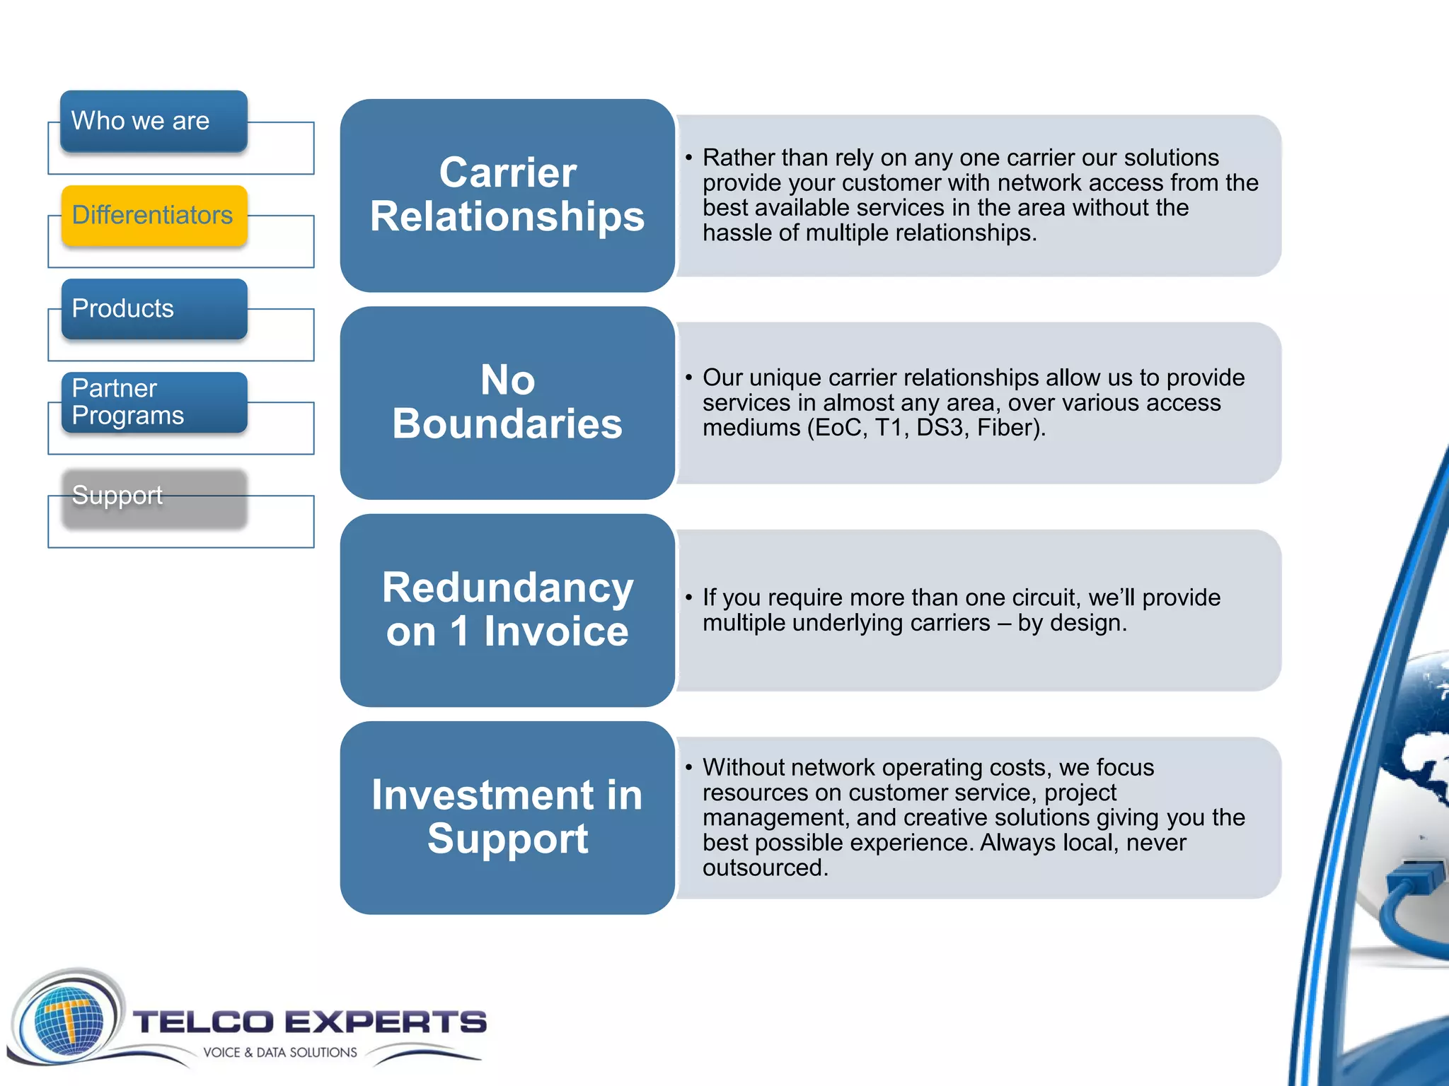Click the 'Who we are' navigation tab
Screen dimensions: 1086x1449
tap(154, 121)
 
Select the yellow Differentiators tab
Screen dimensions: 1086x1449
tap(154, 216)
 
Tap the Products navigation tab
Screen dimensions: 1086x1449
tap(154, 309)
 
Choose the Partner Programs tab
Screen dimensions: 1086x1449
tap(154, 402)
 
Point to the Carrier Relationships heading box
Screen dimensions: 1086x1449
tap(507, 195)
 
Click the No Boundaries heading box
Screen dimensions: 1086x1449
tap(507, 402)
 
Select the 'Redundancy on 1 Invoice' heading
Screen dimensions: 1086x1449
tap(507, 609)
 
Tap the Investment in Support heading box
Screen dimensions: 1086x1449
tap(507, 817)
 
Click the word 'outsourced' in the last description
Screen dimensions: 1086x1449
tap(763, 868)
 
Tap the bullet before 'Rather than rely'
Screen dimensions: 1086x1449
tap(688, 158)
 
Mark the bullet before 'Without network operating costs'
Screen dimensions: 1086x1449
tap(688, 768)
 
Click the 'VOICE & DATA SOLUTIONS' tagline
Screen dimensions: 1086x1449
tap(280, 1052)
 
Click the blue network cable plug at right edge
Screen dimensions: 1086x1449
tap(1415, 884)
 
